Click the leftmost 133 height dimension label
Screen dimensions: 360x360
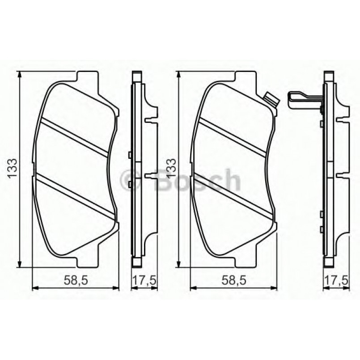point(13,169)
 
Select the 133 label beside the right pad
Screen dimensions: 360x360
point(171,169)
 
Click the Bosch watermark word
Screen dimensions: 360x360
point(197,180)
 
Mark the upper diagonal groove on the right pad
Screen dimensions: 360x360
point(233,137)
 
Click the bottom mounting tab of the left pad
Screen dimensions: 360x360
point(88,262)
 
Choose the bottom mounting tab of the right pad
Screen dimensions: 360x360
point(245,262)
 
